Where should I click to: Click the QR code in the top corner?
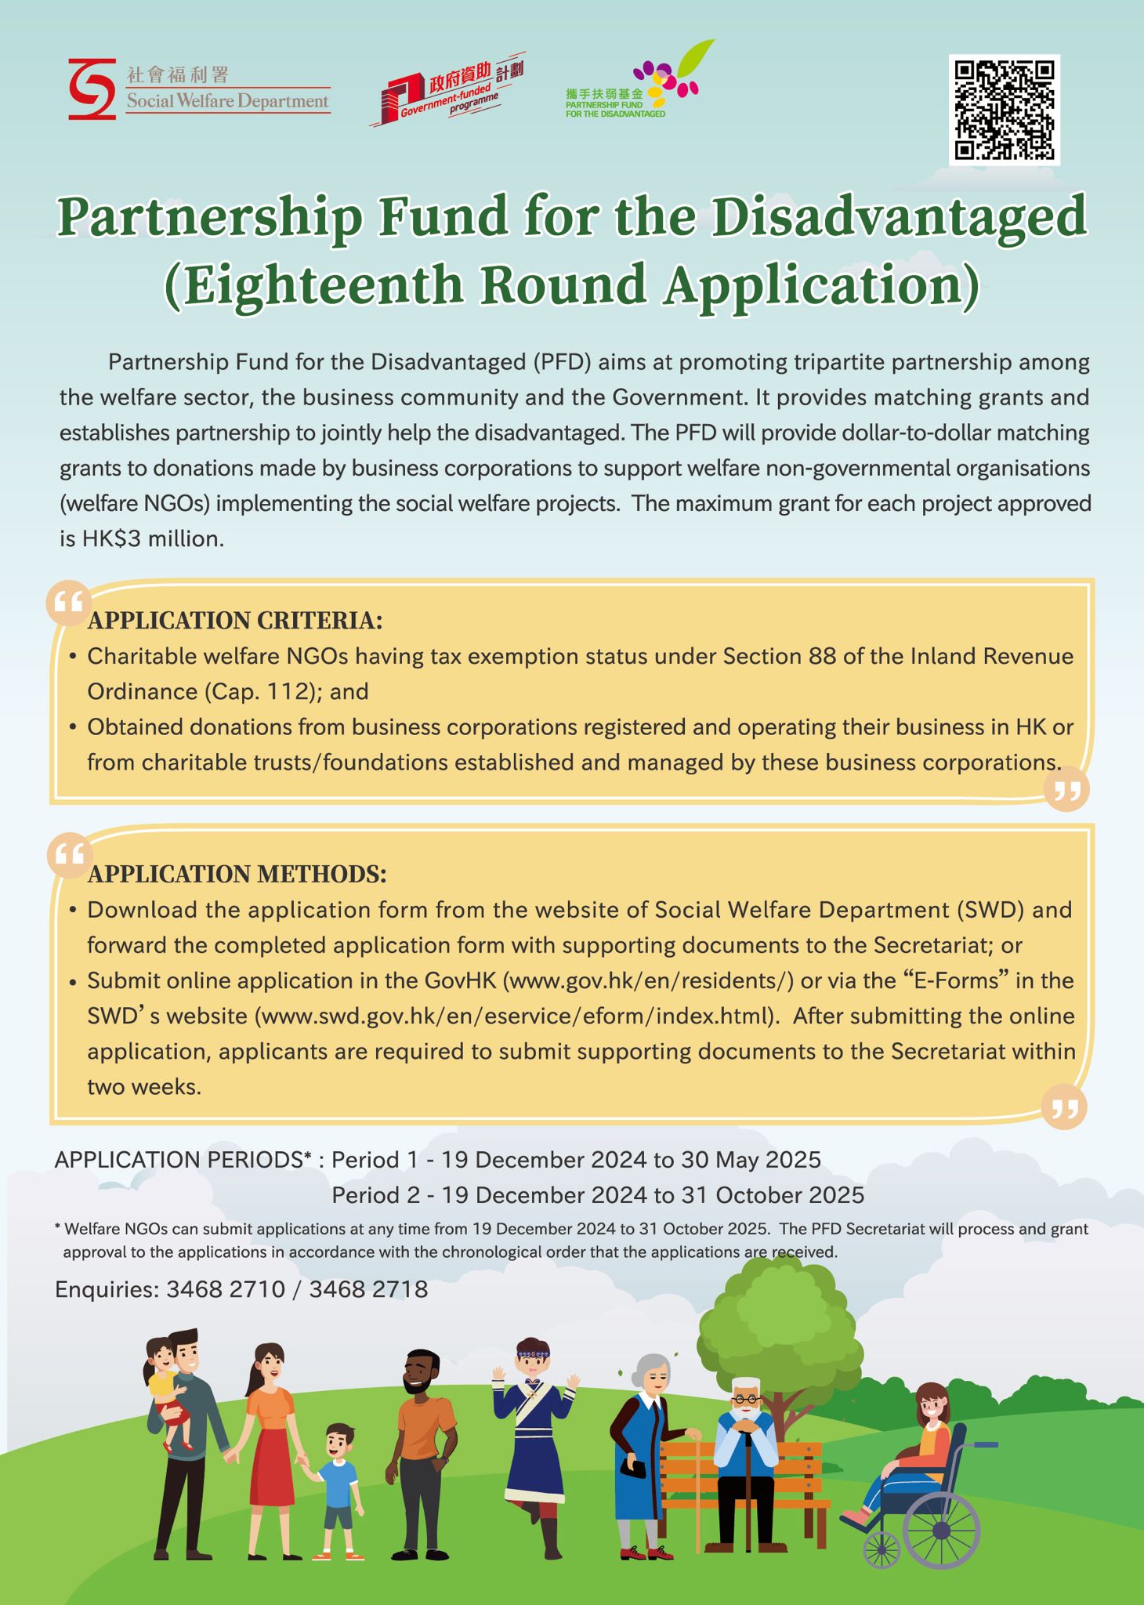1005,110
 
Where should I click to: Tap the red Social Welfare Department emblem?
92,89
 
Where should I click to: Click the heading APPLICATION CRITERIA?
235,621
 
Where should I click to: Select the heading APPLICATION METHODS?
237,875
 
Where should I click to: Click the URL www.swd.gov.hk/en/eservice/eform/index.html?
517,1016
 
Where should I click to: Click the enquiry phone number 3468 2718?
368,1289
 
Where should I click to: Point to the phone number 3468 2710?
226,1289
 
